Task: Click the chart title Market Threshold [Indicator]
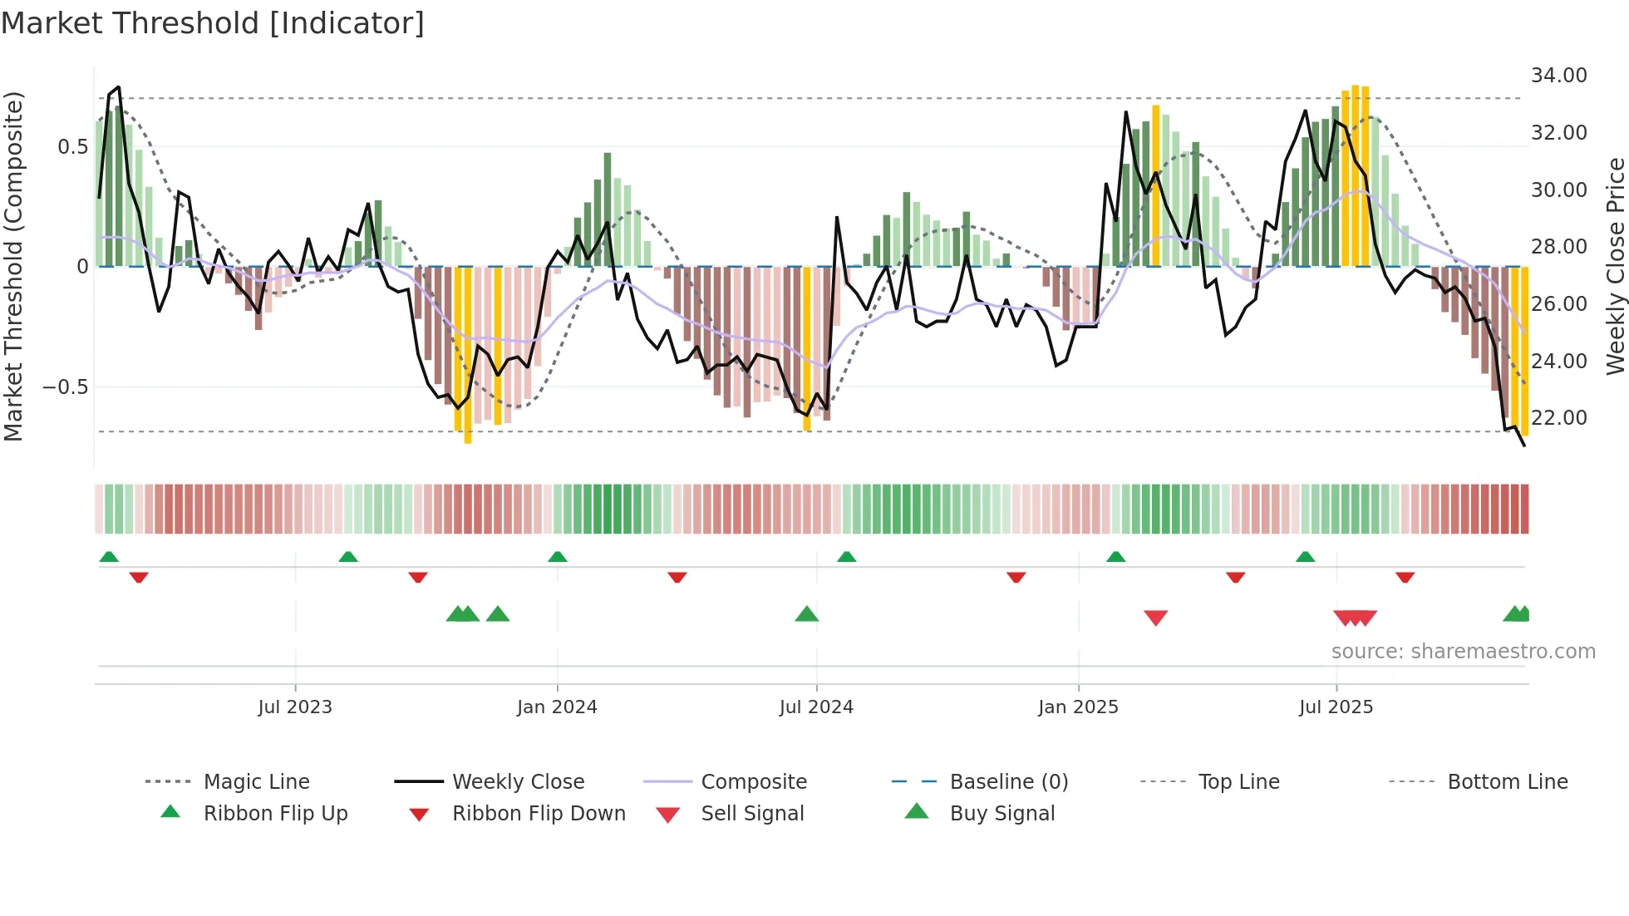tap(213, 23)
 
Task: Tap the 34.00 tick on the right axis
tap(1558, 76)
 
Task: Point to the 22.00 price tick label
tap(1558, 418)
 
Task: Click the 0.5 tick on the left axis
tap(72, 147)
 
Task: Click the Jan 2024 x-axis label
tap(557, 707)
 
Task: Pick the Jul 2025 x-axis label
tap(1336, 707)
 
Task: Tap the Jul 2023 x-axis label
tap(295, 707)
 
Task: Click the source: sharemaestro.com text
tap(1463, 652)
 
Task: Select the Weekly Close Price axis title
tap(1615, 266)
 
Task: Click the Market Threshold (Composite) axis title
tap(13, 266)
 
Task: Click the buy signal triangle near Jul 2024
tap(806, 615)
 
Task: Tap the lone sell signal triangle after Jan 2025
tap(1155, 617)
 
